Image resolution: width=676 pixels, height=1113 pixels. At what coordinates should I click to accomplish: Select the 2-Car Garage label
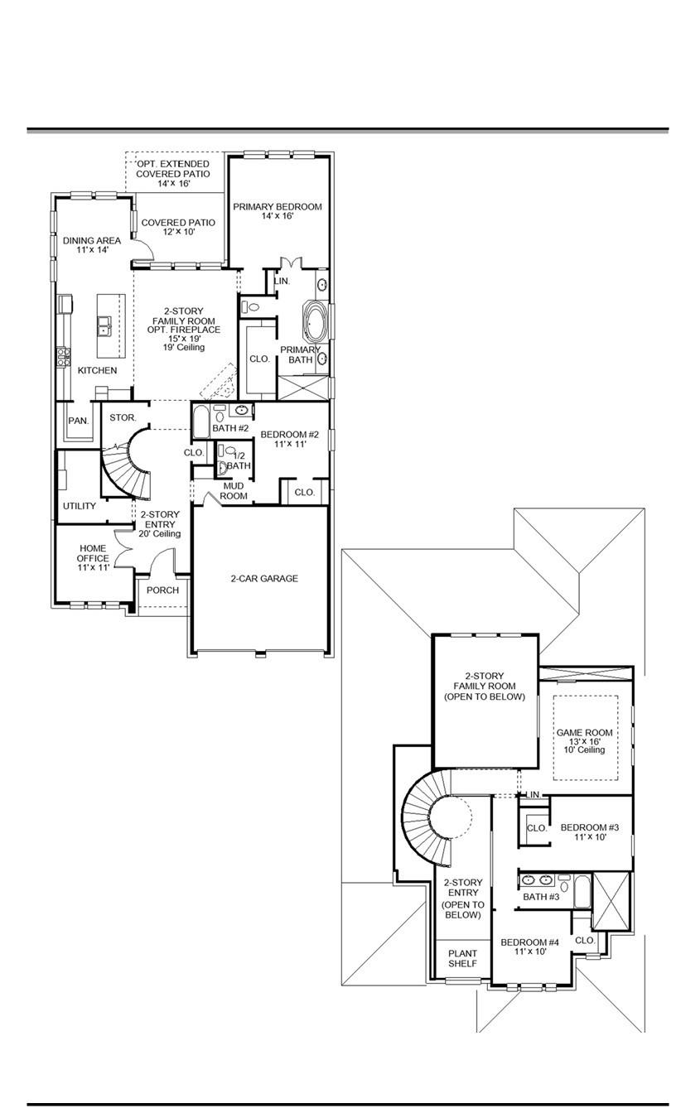263,578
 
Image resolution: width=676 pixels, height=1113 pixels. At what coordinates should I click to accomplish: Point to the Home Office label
93,557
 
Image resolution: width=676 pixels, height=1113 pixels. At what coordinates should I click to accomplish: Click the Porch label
162,590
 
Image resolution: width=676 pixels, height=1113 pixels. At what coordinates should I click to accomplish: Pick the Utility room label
80,506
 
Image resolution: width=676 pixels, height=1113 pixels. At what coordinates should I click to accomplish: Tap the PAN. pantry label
78,421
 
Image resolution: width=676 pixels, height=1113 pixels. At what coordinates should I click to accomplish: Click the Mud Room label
234,490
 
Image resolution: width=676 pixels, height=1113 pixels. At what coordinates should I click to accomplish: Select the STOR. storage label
123,417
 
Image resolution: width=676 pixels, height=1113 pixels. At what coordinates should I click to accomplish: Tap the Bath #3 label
541,897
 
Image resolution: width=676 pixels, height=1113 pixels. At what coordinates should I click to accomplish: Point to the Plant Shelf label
463,958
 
